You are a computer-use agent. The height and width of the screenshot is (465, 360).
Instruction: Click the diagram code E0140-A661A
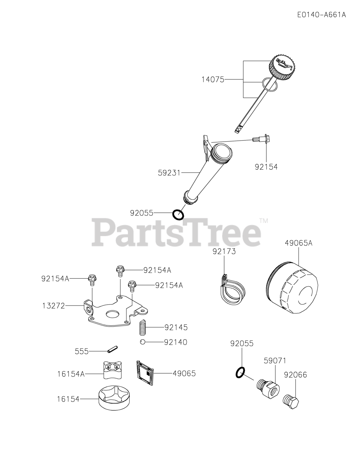click(x=321, y=15)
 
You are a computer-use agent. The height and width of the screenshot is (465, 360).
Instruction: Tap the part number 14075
click(x=213, y=79)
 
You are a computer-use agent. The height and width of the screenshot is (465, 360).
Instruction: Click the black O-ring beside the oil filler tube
click(x=178, y=215)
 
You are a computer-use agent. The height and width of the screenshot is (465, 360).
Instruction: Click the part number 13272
click(x=53, y=306)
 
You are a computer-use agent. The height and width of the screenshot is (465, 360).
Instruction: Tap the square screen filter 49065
click(x=145, y=372)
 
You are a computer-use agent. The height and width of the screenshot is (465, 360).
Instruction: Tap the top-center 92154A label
click(x=157, y=270)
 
